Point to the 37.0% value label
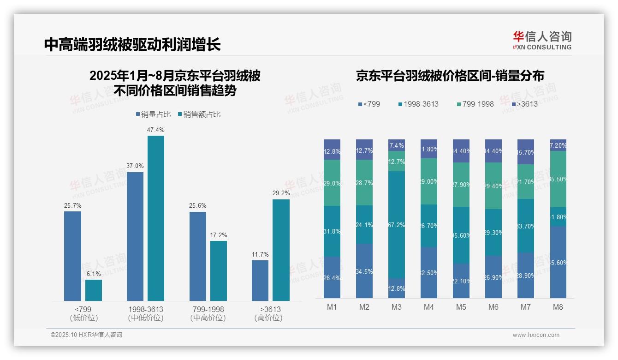tap(135, 166)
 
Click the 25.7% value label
tap(72, 205)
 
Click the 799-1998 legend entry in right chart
tap(475, 104)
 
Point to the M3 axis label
tap(397, 307)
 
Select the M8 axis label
tap(558, 307)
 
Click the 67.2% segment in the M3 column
tap(397, 225)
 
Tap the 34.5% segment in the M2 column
tap(364, 271)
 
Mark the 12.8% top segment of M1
tap(332, 150)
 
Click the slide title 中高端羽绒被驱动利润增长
tap(132, 44)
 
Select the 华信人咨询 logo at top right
tap(542, 40)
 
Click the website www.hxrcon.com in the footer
tap(536, 335)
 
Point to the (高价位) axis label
tap(268, 318)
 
